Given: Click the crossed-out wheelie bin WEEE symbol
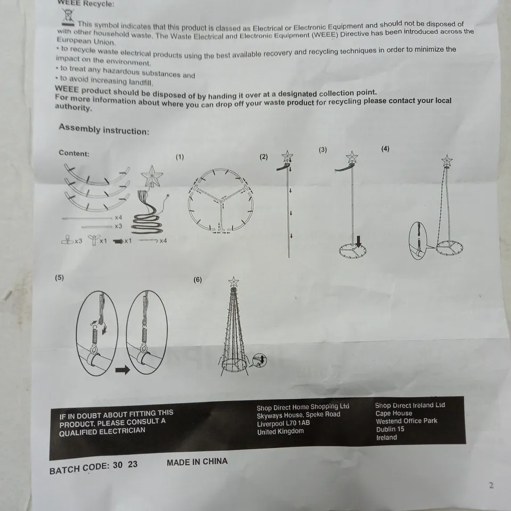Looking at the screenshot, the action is (68, 17).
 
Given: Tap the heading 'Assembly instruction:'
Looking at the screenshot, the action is (104, 129).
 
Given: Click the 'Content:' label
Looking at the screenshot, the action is (74, 153).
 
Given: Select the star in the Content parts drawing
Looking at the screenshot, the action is (152, 177).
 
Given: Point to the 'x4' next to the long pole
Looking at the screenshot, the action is (118, 217).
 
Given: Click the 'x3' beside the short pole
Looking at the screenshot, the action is (118, 226).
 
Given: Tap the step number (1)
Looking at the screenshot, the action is (180, 157).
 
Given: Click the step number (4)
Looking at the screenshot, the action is (385, 149).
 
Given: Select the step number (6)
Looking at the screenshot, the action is (197, 279).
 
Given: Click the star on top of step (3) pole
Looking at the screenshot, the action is (352, 157).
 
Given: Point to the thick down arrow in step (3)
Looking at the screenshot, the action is (358, 242).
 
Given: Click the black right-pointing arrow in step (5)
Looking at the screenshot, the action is (123, 370).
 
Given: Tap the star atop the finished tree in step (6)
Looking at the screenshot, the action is (233, 282).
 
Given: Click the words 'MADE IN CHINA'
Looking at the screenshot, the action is (197, 462).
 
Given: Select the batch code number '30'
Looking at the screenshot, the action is (118, 465).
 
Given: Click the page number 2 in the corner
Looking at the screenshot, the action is (491, 485).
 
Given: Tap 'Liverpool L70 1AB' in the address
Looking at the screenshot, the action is (284, 423).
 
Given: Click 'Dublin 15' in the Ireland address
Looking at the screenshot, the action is (390, 429).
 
